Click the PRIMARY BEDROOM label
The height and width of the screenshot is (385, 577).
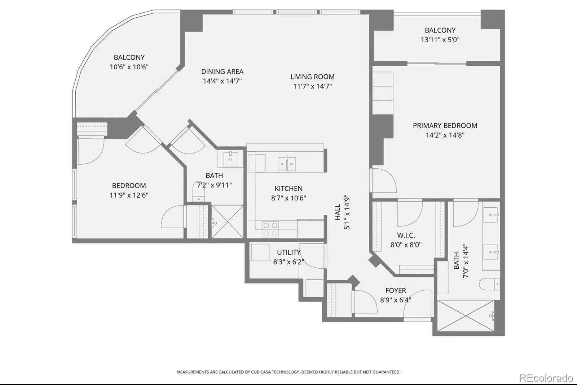click(x=445, y=126)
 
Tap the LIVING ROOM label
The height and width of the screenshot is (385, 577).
click(x=312, y=77)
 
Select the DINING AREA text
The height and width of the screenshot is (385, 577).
click(x=222, y=72)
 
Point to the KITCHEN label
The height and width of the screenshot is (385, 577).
click(x=288, y=189)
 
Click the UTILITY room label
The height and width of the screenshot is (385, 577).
click(x=289, y=252)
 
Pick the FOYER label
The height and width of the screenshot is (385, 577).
click(x=396, y=291)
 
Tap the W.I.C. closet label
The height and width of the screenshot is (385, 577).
click(x=406, y=235)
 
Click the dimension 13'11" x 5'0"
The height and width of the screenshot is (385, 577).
click(x=440, y=40)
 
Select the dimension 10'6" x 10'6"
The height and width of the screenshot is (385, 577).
click(x=129, y=67)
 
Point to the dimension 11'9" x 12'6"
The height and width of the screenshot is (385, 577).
click(x=129, y=195)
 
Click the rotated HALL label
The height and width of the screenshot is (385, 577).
click(x=338, y=212)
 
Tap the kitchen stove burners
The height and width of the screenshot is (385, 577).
click(x=270, y=229)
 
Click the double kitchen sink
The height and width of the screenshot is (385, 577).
click(x=287, y=164)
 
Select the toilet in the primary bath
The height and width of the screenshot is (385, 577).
click(x=489, y=284)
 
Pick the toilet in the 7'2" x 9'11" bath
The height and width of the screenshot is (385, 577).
click(x=199, y=191)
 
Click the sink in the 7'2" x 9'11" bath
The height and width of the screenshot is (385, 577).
click(x=230, y=159)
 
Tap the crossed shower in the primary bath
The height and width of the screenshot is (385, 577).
click(x=466, y=316)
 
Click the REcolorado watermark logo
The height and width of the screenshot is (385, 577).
click(x=546, y=378)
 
